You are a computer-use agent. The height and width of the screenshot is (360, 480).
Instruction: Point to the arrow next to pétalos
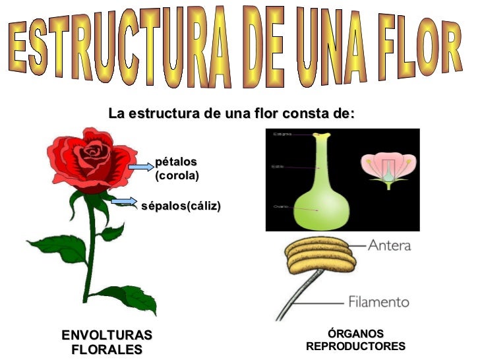140,167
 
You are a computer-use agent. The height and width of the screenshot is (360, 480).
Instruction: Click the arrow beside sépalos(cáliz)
124,201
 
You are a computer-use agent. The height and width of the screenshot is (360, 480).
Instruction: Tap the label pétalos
176,162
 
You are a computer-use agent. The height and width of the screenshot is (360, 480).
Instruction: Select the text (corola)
177,176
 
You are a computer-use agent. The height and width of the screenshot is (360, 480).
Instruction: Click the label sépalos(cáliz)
181,206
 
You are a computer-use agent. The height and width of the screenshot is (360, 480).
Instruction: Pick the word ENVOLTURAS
106,335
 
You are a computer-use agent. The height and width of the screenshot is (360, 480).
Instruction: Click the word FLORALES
106,349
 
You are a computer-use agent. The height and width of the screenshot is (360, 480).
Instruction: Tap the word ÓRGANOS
355,334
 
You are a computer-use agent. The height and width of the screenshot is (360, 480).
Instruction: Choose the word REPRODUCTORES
355,347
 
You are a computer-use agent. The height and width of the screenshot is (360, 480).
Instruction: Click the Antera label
389,246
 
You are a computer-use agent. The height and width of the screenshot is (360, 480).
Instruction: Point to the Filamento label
378,302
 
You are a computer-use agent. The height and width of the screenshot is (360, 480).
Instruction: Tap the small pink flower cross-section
388,169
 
